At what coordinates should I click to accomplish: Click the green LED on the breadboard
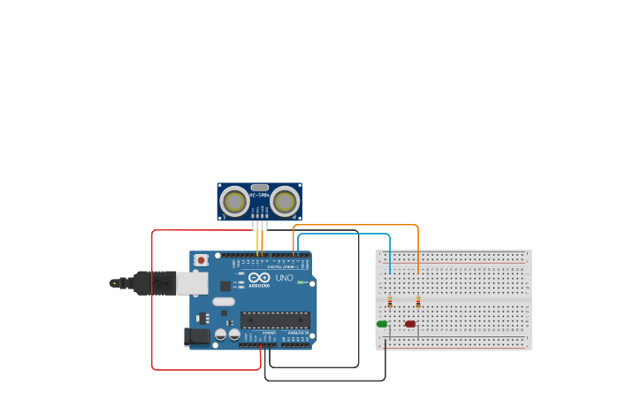coord(382,324)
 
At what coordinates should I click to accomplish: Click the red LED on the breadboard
coord(410,324)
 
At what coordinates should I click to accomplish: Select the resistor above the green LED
coord(390,302)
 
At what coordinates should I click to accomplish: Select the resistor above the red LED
coord(418,302)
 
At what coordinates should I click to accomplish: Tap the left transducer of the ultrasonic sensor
coord(234,202)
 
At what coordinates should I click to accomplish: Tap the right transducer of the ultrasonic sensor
coord(285,202)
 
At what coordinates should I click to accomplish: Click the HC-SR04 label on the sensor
coord(259,195)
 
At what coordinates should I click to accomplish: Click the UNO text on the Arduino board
coord(284,278)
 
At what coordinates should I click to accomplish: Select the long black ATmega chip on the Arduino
coord(275,320)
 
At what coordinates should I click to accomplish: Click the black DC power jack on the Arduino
coord(197,336)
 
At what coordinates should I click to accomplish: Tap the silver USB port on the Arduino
coord(192,283)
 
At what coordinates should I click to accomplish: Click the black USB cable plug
coord(154,283)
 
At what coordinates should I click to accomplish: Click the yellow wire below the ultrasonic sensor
coord(257,241)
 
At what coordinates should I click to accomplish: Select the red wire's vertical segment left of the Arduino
coord(152,301)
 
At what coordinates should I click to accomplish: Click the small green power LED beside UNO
coord(301,282)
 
